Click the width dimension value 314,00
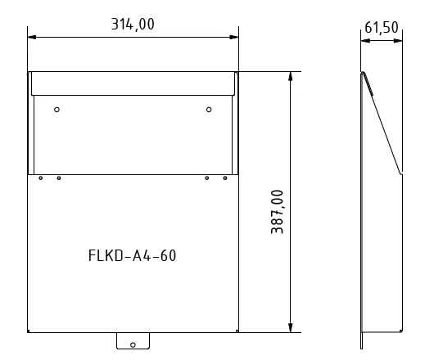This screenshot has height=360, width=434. (133, 24)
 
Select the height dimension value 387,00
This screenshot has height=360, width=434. (277, 212)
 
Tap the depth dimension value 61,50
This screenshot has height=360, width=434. (381, 27)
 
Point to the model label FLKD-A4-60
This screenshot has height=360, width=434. (132, 255)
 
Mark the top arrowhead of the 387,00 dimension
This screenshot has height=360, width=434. (290, 76)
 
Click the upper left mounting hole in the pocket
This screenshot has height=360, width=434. (57, 110)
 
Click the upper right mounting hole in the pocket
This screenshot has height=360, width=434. (209, 110)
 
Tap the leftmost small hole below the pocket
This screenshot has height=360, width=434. (40, 178)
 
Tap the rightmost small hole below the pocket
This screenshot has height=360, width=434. (225, 178)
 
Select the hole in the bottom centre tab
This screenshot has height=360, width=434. (133, 344)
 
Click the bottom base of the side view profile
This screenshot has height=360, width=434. (381, 332)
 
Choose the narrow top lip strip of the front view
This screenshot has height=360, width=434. (133, 83)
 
